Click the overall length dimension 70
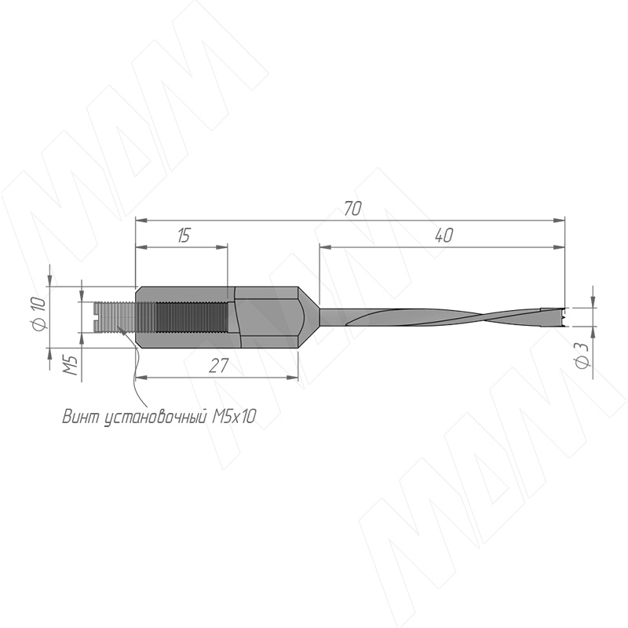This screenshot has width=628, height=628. click(x=352, y=209)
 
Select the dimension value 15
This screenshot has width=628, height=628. click(x=184, y=235)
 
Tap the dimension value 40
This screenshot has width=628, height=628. click(x=444, y=235)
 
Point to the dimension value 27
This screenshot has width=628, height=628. click(x=219, y=366)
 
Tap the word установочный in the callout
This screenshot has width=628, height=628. click(x=155, y=418)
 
